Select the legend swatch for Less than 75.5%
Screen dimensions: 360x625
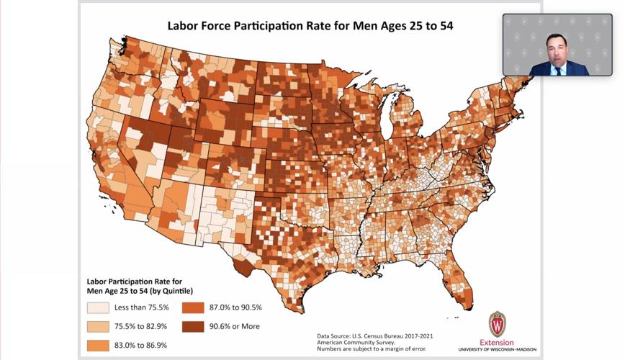click(x=98, y=308)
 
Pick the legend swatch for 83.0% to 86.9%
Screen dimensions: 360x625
click(x=98, y=345)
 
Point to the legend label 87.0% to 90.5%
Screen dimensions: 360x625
click(x=236, y=308)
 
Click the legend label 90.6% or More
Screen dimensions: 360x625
click(x=235, y=326)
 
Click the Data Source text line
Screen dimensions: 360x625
click(x=375, y=336)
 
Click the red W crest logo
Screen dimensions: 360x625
click(x=497, y=323)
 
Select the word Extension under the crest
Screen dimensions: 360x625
click(x=497, y=341)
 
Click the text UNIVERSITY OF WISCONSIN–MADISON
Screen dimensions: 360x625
click(x=497, y=349)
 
